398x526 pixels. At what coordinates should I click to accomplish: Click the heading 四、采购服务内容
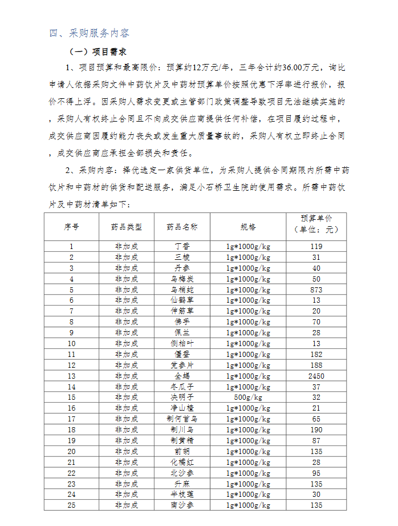click(x=90, y=33)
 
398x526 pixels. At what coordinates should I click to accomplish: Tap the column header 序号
click(x=71, y=226)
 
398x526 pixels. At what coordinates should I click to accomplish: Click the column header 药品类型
click(x=126, y=226)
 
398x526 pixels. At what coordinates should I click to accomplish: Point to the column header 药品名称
click(x=182, y=226)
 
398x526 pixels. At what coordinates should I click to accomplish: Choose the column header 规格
click(x=248, y=226)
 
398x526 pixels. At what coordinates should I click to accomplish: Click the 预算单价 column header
click(x=316, y=224)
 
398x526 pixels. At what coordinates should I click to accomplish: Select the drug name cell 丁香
click(x=182, y=246)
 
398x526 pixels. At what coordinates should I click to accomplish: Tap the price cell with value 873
click(x=316, y=290)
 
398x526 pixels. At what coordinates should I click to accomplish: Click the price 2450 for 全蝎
click(x=316, y=376)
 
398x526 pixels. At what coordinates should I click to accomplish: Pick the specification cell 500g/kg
click(x=248, y=397)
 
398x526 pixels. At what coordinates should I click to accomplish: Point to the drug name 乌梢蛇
click(x=182, y=290)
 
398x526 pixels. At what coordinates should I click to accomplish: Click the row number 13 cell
click(x=71, y=376)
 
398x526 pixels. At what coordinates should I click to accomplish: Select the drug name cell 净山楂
click(x=182, y=408)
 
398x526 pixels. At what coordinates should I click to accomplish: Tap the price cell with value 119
click(x=316, y=246)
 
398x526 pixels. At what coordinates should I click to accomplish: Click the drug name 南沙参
click(x=182, y=505)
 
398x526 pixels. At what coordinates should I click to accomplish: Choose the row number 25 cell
click(x=71, y=505)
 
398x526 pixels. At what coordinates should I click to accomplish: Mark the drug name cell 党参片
click(x=182, y=365)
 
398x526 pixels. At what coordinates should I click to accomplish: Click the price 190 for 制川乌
click(x=316, y=430)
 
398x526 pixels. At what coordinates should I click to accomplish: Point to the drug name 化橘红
click(x=182, y=462)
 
